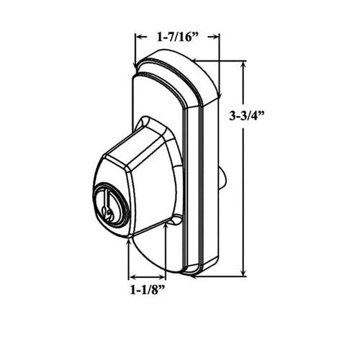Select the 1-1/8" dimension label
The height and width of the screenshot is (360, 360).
tap(147, 291)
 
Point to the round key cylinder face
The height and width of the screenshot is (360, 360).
tap(110, 203)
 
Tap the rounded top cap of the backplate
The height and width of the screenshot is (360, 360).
tap(173, 61)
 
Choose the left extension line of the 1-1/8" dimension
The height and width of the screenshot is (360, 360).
tap(128, 259)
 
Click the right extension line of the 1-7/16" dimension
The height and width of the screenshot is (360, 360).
tap(219, 54)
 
